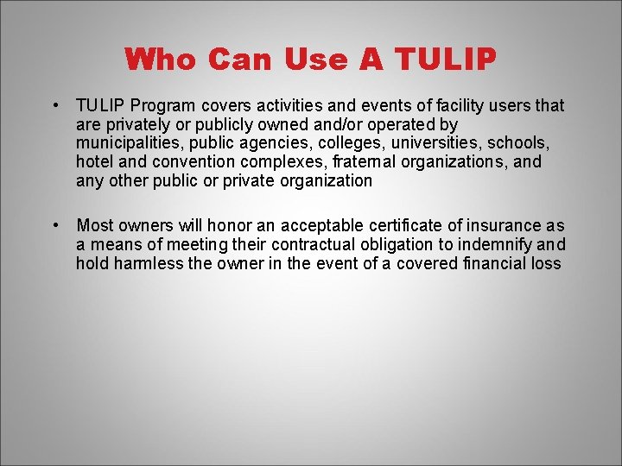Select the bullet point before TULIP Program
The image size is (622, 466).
coord(54,105)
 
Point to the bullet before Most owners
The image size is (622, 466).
coord(54,225)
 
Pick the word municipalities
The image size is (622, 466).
coord(124,143)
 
